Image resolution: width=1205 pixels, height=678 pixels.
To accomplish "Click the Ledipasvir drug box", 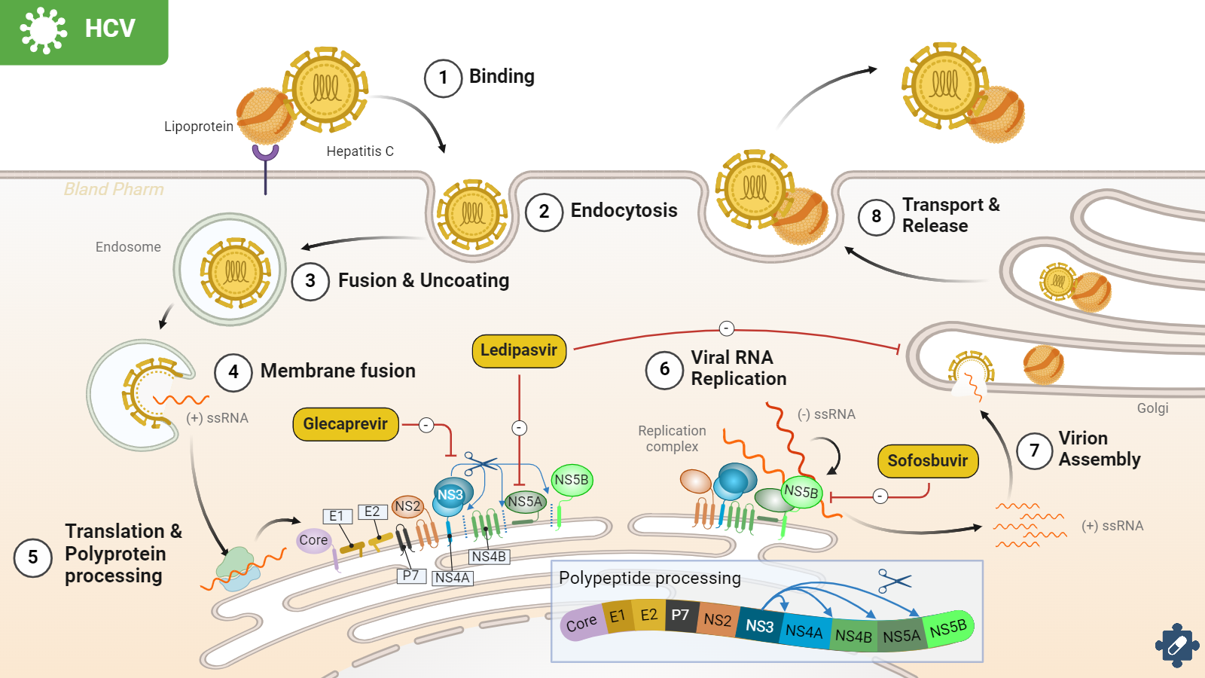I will coord(519,351).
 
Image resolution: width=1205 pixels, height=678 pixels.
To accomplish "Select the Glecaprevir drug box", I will coord(346,424).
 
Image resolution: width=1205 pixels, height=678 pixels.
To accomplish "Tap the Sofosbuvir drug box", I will coord(928,461).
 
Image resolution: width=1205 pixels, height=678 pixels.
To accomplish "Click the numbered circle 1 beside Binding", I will coord(443,78).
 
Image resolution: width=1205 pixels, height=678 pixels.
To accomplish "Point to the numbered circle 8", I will coord(876,217).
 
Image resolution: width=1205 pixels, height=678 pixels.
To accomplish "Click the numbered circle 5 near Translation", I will coord(33,557).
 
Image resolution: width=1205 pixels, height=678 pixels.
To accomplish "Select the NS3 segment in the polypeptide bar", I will coord(759,625).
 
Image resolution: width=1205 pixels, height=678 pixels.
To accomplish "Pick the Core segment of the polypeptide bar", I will coord(581,624).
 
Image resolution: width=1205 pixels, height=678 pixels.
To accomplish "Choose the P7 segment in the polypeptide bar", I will coord(680,615).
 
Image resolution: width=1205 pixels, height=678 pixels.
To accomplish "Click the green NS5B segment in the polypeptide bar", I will coord(948,628).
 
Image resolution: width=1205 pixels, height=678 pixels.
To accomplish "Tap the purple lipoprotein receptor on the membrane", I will coord(265,154).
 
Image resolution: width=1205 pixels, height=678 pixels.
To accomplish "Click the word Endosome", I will coord(128,247).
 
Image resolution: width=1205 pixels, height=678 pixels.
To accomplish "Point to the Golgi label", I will coord(1152,408).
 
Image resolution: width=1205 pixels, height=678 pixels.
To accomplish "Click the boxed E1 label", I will coord(337,516).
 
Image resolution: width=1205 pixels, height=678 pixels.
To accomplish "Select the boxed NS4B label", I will coord(489,557).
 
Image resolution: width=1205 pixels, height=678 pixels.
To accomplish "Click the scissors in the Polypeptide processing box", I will coord(894,581).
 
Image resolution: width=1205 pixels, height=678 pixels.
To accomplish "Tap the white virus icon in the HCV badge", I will coord(43,30).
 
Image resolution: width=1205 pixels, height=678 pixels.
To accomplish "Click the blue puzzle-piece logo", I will coord(1176,645).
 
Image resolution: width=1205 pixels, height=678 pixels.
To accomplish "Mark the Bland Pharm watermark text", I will coord(114,189).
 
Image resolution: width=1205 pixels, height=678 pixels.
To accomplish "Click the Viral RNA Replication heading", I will coord(738,368).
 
